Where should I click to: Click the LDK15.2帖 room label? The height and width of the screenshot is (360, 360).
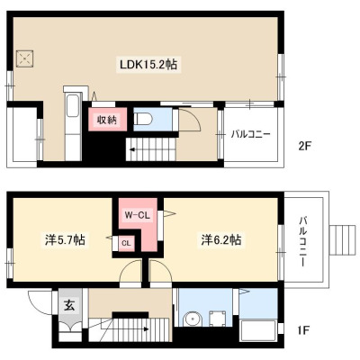[148, 64]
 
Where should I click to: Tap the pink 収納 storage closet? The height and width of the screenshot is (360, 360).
[107, 119]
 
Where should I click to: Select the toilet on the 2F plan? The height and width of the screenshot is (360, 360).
[143, 120]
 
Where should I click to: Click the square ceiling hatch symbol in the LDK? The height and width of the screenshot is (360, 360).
[24, 58]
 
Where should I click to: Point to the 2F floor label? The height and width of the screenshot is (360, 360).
[304, 147]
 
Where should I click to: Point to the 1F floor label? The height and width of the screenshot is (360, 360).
[302, 330]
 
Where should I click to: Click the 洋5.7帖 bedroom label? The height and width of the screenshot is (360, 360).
[65, 239]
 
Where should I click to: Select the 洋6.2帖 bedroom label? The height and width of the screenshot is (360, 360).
[221, 239]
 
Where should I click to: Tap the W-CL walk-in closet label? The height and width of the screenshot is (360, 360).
[137, 215]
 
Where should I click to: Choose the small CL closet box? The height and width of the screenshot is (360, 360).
[126, 244]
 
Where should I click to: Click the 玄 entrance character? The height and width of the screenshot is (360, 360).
[69, 306]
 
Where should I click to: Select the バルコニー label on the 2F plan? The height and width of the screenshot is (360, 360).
[250, 134]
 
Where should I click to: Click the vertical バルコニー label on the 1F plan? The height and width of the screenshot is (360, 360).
[303, 241]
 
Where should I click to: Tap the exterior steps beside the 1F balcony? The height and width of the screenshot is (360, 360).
[343, 239]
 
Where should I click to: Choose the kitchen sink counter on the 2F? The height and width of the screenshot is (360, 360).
[74, 123]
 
